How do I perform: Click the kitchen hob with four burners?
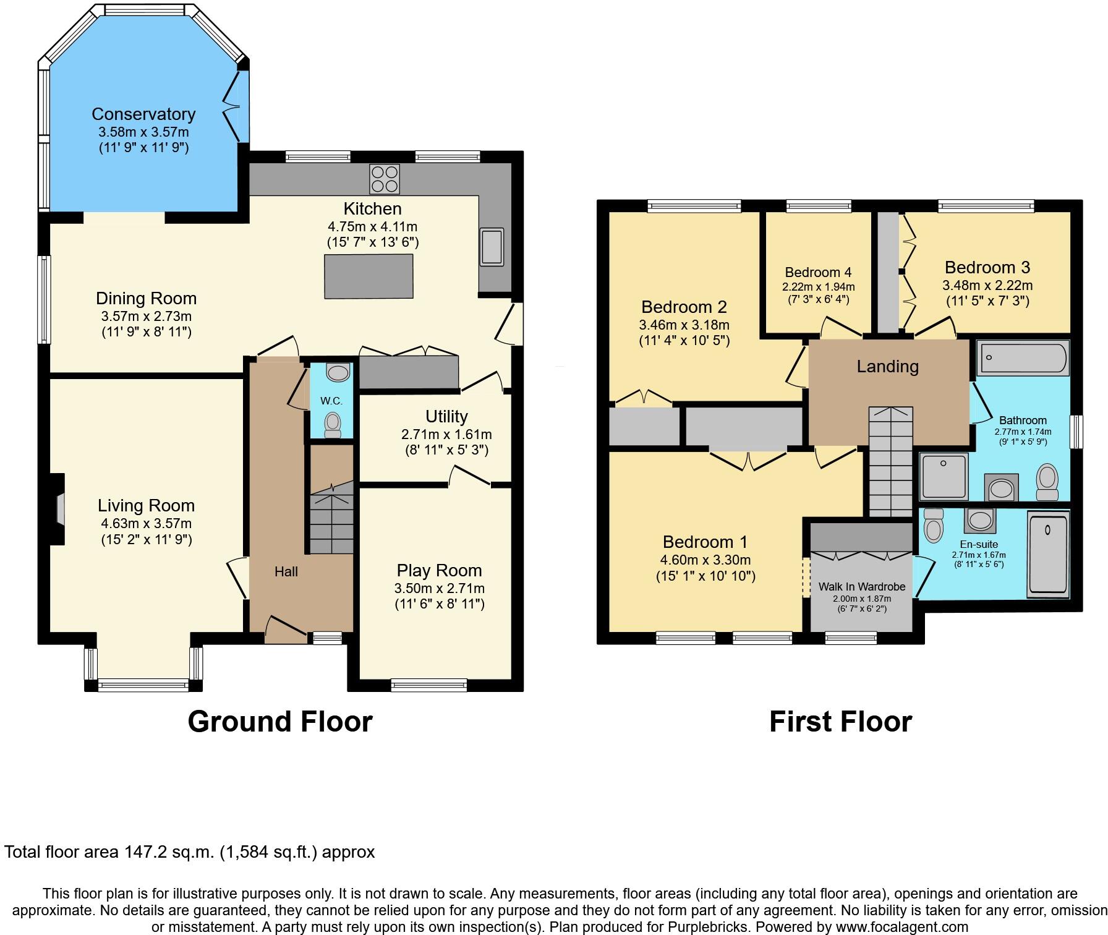click(x=384, y=178)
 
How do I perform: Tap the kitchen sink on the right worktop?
click(x=492, y=246)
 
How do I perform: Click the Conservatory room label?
click(x=143, y=114)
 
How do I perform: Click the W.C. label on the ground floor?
click(x=331, y=401)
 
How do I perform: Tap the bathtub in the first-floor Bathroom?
click(x=1024, y=357)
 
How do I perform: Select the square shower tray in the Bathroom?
click(x=944, y=476)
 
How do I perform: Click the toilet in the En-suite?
click(x=933, y=526)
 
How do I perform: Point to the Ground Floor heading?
click(x=280, y=722)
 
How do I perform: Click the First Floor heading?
click(x=840, y=722)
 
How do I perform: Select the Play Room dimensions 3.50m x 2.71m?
click(x=439, y=588)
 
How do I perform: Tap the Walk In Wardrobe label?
click(x=861, y=586)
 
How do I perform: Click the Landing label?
click(x=887, y=367)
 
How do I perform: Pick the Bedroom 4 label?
click(x=818, y=272)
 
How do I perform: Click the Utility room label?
click(x=446, y=416)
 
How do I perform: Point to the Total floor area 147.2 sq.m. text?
click(x=189, y=852)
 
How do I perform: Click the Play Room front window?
click(x=429, y=684)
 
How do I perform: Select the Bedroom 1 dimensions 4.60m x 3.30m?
click(x=705, y=560)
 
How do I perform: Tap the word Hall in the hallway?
click(x=286, y=572)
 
